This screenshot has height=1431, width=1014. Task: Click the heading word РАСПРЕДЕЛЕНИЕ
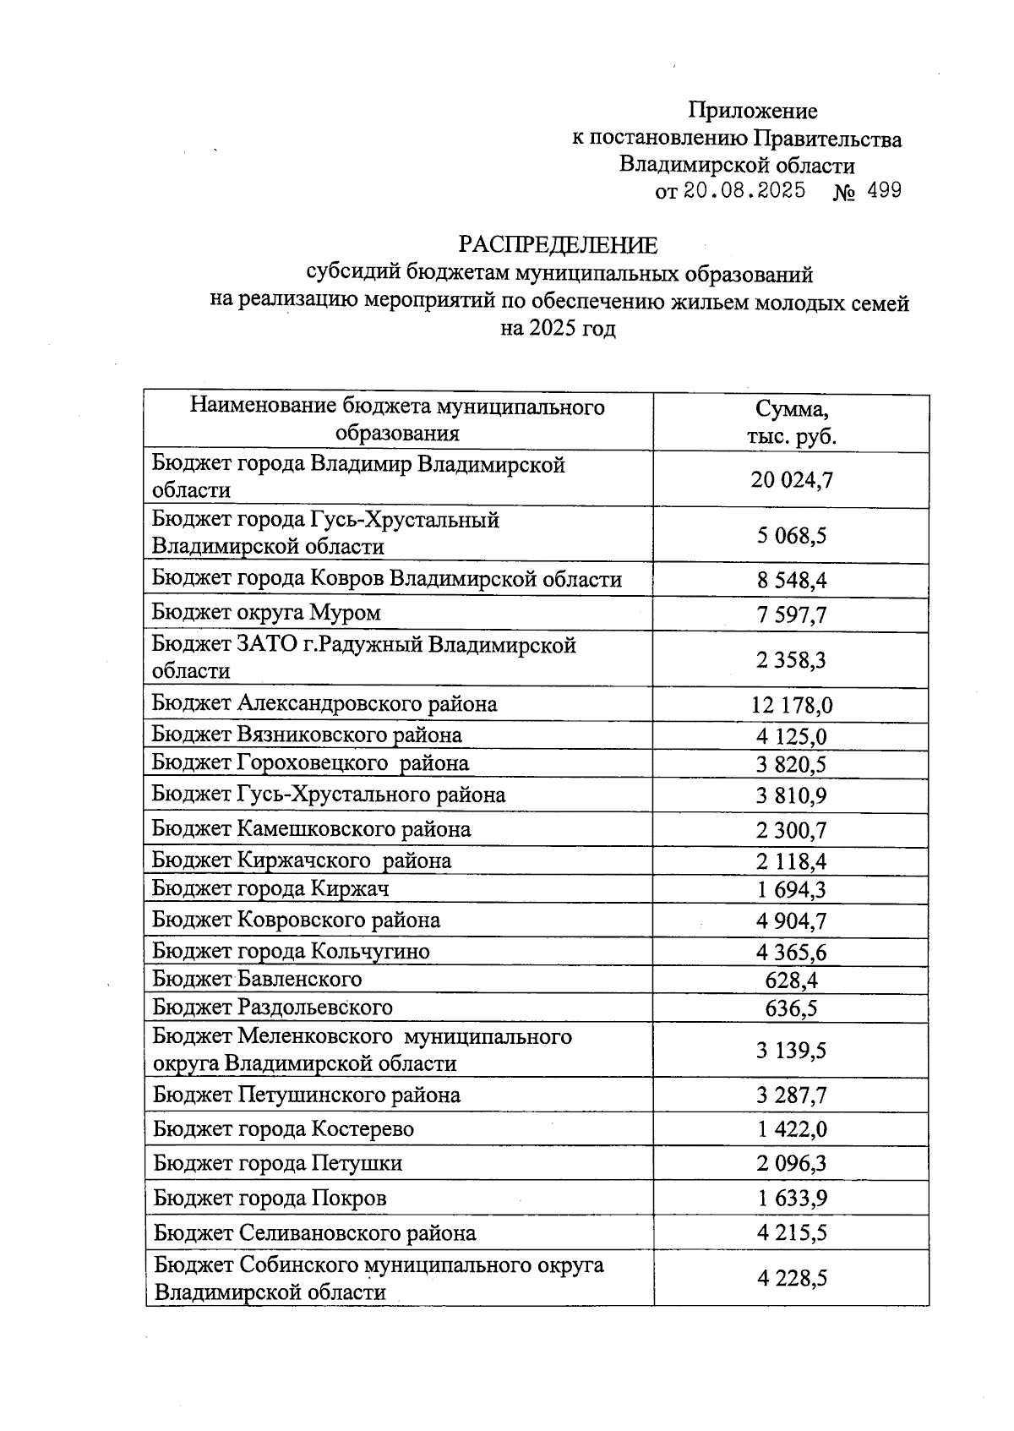pos(558,245)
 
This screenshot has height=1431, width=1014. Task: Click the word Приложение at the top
pos(752,111)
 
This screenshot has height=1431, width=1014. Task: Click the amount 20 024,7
pos(791,480)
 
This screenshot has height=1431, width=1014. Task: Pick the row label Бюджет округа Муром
pos(266,613)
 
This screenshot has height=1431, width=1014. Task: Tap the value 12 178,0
pos(791,705)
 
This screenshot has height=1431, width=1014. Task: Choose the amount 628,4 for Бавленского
pos(791,980)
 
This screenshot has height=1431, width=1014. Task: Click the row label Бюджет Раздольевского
pos(272,1008)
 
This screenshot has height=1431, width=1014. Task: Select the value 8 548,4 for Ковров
pos(791,581)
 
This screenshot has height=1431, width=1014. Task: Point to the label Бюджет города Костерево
pos(283,1129)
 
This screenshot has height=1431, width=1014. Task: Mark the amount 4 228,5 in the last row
pos(791,1279)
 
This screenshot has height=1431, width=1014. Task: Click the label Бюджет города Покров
pos(270,1199)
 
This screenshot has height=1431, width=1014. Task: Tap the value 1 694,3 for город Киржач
pos(791,889)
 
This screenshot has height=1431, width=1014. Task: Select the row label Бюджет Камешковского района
pos(311,829)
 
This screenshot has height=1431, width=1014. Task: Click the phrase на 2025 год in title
pos(558,329)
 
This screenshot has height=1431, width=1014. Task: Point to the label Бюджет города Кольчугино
pos(291,952)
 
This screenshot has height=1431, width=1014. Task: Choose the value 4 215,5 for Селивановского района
pos(791,1233)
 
